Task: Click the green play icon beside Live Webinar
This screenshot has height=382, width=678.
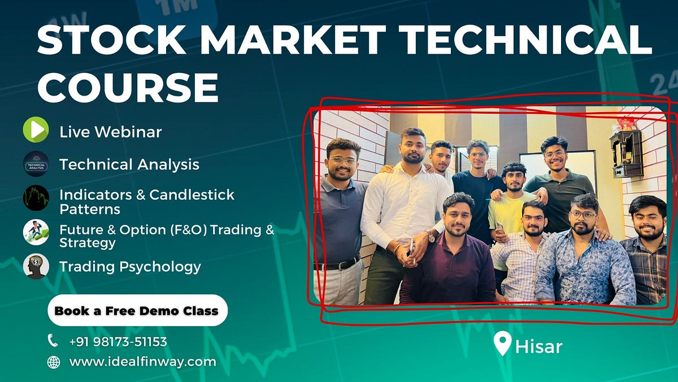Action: pyautogui.click(x=36, y=130)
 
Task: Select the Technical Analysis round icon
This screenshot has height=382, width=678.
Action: pyautogui.click(x=36, y=164)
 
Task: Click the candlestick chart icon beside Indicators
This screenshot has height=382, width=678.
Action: pyautogui.click(x=36, y=198)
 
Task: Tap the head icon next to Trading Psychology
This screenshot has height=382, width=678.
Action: pyautogui.click(x=36, y=266)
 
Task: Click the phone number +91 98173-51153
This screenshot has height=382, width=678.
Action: pyautogui.click(x=118, y=342)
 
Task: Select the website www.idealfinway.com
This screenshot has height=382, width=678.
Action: pyautogui.click(x=142, y=362)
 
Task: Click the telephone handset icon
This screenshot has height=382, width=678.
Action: pyautogui.click(x=53, y=341)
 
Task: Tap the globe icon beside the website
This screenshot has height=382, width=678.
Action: pyautogui.click(x=53, y=362)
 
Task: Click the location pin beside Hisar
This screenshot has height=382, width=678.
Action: pyautogui.click(x=502, y=342)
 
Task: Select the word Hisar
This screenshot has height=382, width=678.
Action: pyautogui.click(x=538, y=346)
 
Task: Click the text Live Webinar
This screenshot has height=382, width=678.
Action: pyautogui.click(x=110, y=132)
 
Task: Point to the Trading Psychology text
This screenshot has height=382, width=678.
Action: pyautogui.click(x=130, y=267)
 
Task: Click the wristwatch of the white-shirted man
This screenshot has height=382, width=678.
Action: pyautogui.click(x=431, y=237)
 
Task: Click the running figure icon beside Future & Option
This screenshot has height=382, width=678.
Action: pyautogui.click(x=36, y=232)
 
